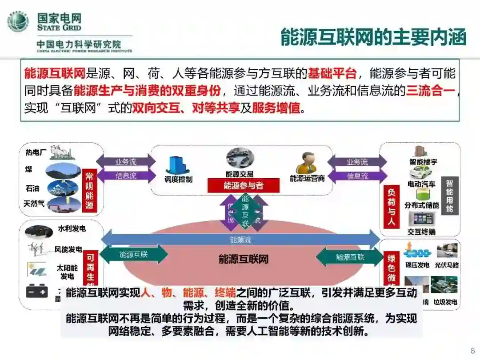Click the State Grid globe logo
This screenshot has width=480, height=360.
coord(18,21)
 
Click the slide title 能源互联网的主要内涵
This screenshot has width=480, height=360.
coord(373,37)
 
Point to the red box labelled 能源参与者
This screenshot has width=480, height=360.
coord(243,185)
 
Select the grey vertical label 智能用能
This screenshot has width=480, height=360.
coord(449,196)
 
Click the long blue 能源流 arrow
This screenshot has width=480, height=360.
coord(240,240)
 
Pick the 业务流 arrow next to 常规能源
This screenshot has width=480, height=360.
coord(126,162)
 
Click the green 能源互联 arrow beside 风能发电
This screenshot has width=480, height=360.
coord(134,254)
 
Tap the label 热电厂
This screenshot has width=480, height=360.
coord(36,152)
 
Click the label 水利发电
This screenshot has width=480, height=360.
coord(72,229)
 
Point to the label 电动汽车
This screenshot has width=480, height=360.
coord(421,184)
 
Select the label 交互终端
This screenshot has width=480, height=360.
coord(421,232)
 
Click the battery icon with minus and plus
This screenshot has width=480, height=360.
coord(37,291)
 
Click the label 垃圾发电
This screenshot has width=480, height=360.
coord(445,302)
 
